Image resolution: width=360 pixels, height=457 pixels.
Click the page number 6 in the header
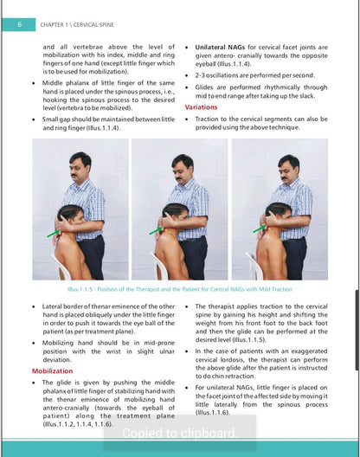19,24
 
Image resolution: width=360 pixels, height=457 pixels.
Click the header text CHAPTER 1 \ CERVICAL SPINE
77,25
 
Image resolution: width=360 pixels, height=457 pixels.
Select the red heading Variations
201,107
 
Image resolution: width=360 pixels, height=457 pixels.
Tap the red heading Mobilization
52,371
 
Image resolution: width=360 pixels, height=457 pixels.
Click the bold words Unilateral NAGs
220,48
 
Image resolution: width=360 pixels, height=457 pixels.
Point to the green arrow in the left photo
54,233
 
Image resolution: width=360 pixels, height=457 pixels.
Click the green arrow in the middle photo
156,230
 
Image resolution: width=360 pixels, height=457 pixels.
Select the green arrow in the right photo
260,228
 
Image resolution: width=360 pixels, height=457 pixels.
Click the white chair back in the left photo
60,265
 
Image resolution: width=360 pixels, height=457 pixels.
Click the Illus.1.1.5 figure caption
180,289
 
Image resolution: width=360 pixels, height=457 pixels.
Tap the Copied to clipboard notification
180,433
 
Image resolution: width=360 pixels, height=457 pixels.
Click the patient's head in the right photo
279,215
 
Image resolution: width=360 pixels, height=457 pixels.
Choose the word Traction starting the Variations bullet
206,119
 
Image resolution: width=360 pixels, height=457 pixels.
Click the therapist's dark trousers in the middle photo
194,258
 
